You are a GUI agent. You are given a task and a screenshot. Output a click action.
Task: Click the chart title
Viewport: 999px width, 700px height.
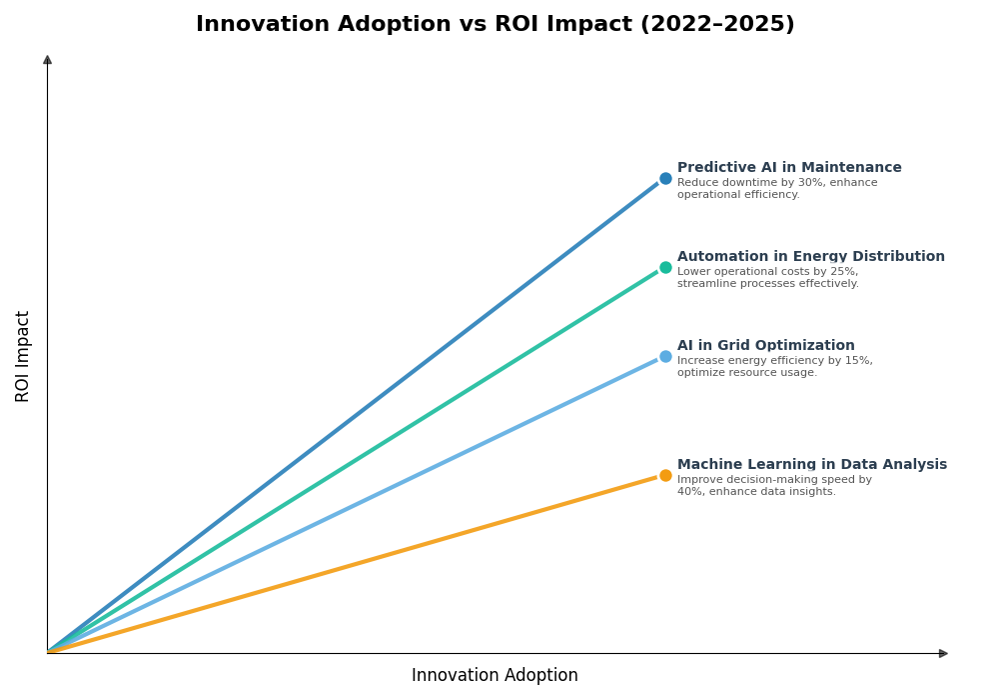pos(495,25)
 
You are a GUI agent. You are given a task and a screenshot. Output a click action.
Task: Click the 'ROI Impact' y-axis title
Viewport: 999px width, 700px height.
pos(23,356)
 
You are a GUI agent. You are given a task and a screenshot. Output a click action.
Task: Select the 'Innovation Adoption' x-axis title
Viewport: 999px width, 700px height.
pos(495,676)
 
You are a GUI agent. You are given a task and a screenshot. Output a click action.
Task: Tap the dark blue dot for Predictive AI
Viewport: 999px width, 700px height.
pos(665,179)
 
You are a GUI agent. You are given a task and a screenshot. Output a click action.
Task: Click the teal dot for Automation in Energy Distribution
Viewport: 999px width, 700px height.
pos(665,268)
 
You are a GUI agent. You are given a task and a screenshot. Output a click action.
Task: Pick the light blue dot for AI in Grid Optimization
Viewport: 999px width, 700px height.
pos(665,357)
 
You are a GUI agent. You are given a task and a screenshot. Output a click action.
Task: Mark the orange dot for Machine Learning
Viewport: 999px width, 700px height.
pos(665,476)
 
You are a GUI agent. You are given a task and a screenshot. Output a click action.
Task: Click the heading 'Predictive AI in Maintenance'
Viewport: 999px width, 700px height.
pos(789,168)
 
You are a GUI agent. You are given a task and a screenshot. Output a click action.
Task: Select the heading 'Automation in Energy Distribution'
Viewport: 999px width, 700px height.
pos(810,257)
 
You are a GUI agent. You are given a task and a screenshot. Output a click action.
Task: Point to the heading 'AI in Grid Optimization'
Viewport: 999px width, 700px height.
pos(765,346)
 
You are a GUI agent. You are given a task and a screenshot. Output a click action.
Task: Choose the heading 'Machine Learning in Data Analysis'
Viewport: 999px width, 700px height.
pos(811,465)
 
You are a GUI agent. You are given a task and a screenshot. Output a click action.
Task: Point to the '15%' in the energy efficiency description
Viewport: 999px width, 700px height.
pos(859,361)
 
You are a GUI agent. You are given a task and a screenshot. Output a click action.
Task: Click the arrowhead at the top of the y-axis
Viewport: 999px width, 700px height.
pos(47,60)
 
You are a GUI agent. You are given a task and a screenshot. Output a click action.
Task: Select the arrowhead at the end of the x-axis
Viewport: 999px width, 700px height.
pos(943,654)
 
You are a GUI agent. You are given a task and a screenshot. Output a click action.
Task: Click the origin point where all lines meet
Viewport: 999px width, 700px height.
pos(48,653)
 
